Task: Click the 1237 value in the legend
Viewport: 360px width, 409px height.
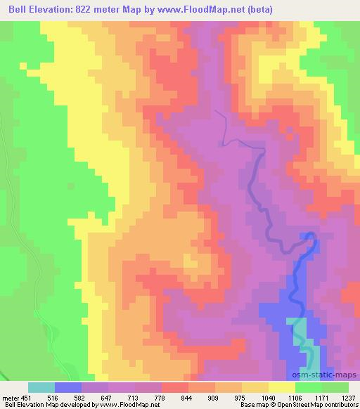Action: tap(349, 396)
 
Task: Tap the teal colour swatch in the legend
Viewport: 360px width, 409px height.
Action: tap(41, 387)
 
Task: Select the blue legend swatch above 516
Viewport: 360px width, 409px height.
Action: tap(68, 387)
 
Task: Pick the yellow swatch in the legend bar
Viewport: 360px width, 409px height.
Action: tap(282, 387)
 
